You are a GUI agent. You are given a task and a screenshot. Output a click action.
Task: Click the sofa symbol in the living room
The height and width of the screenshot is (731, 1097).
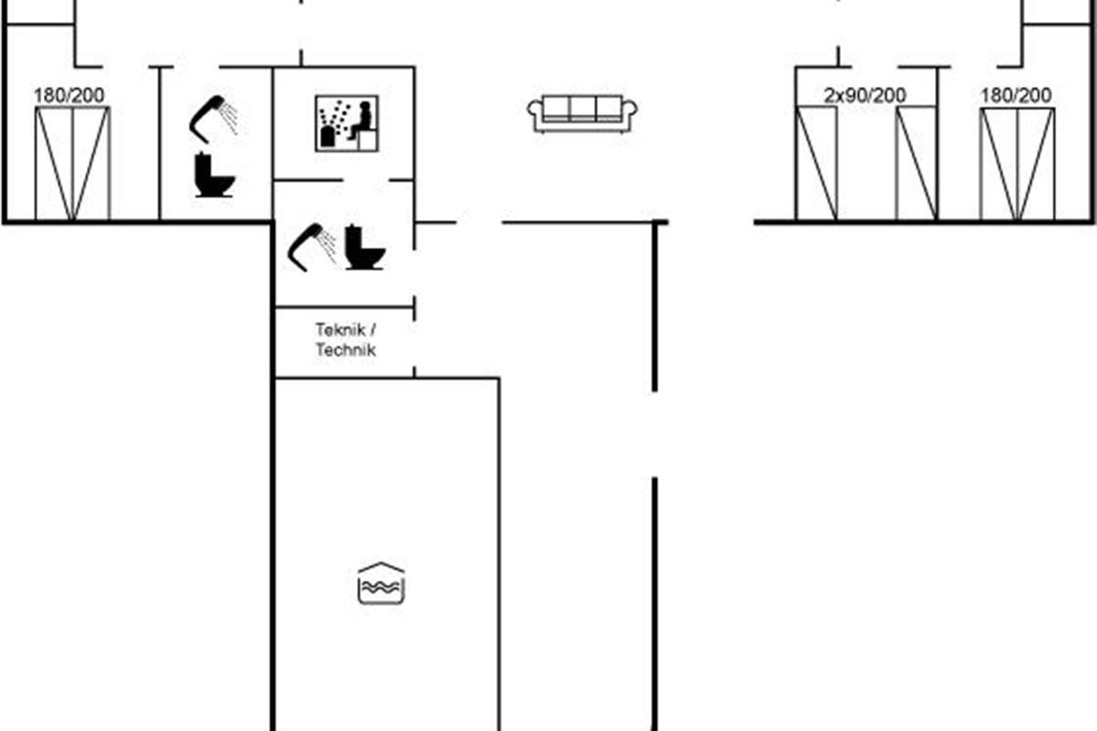[582, 114]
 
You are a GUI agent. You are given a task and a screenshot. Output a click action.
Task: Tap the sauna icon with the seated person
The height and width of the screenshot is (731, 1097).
[346, 123]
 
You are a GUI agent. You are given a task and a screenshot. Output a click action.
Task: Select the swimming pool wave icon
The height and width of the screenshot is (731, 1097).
[381, 583]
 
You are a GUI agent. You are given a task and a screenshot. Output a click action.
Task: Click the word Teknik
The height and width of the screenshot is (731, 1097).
[340, 330]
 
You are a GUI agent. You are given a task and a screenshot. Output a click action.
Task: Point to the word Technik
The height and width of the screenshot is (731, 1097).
[346, 350]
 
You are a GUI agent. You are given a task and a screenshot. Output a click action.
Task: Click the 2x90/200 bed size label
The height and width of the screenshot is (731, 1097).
[865, 95]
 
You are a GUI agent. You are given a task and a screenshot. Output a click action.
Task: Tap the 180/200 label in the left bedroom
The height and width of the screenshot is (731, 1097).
[69, 95]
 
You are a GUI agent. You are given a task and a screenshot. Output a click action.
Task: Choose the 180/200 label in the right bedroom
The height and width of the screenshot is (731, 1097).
[1017, 95]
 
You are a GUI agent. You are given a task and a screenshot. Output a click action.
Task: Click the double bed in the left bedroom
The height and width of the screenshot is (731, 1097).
[72, 164]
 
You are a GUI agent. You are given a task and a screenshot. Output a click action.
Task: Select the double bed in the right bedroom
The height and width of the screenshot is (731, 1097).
[1017, 164]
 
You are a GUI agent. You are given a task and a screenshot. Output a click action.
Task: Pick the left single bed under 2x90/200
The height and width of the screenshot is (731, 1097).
[816, 163]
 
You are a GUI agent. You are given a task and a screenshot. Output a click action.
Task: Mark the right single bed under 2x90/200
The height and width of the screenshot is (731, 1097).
[916, 163]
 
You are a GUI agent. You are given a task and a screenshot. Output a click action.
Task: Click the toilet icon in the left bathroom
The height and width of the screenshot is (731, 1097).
[214, 175]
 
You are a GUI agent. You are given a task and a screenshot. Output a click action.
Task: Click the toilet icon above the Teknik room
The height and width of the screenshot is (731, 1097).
[365, 248]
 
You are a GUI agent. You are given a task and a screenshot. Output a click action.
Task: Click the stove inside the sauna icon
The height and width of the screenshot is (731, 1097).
[327, 136]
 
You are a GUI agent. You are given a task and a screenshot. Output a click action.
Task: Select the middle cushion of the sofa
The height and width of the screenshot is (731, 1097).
[583, 109]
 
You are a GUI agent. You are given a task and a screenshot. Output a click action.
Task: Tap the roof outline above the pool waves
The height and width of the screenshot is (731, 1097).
[381, 567]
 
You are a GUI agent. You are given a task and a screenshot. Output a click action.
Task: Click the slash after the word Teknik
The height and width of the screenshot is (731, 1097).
[373, 330]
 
